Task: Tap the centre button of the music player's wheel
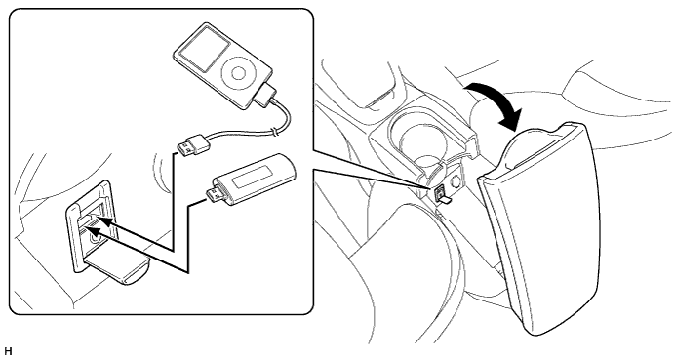click(x=239, y=73)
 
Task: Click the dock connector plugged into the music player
click(x=265, y=96)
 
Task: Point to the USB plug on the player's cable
click(x=192, y=144)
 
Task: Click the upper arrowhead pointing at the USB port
click(x=106, y=222)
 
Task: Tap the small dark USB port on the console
click(x=440, y=191)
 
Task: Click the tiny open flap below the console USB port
click(x=446, y=199)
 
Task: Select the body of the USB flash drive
click(x=255, y=180)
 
